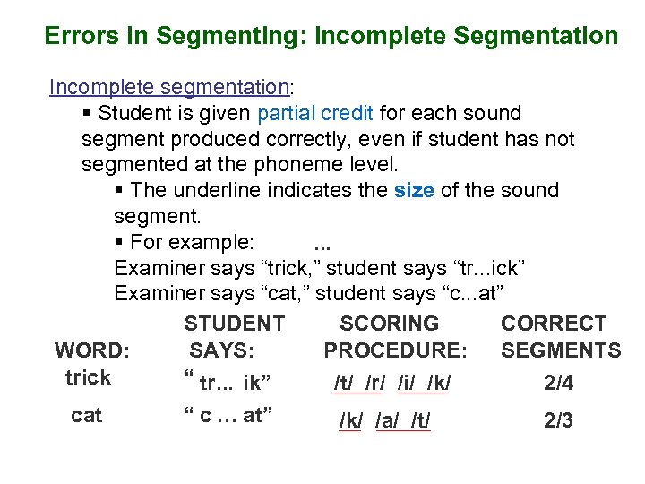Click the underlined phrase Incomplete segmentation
click(168, 87)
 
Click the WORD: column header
click(92, 350)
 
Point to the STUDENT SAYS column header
click(233, 337)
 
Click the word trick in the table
click(88, 377)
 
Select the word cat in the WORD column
click(87, 415)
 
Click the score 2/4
click(559, 384)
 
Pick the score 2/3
click(559, 420)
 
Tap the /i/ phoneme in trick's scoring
click(407, 384)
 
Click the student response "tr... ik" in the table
click(227, 383)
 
